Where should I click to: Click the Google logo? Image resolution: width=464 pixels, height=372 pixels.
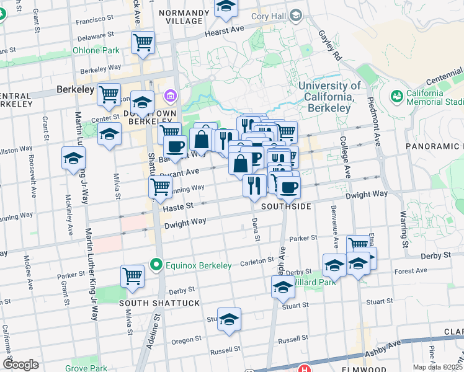click(x=21, y=365)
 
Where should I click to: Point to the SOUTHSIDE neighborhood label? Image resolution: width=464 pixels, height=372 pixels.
click(x=286, y=206)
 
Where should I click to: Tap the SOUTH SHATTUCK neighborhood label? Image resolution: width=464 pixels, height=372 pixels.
click(x=151, y=303)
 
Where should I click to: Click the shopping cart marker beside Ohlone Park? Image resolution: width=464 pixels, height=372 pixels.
click(x=143, y=43)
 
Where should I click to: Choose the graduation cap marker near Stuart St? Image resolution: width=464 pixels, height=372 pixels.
click(x=229, y=319)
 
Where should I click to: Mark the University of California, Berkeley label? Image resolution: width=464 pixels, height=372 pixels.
click(x=329, y=92)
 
